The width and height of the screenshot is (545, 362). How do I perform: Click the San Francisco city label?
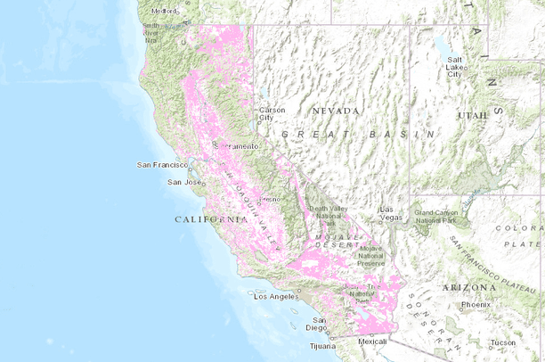pos(161,165)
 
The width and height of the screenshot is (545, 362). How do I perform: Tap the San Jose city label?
pos(183,183)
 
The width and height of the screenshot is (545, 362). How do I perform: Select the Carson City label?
pos(272,113)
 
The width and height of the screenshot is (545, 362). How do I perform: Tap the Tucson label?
pos(501,343)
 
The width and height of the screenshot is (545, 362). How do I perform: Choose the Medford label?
pos(164,11)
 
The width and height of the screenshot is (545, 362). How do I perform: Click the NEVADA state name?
pos(336,111)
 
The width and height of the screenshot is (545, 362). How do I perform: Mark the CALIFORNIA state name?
pos(211,218)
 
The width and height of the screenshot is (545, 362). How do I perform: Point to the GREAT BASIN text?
pos(357,133)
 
